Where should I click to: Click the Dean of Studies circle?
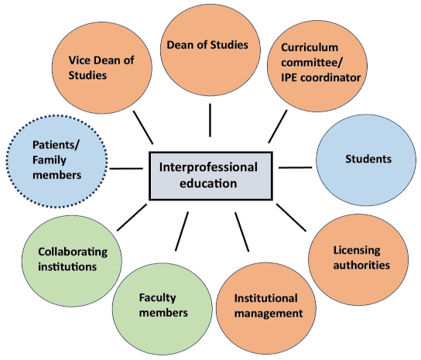click(210, 50)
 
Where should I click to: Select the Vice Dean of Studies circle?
click(102, 67)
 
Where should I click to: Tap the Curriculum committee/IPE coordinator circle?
click(317, 66)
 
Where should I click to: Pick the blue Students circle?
click(366, 160)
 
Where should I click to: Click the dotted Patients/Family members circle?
click(57, 161)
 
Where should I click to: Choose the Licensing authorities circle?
click(358, 260)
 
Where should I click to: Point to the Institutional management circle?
click(266, 308)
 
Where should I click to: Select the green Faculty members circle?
click(163, 309)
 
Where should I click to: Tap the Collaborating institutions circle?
click(72, 261)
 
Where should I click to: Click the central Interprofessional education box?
click(210, 176)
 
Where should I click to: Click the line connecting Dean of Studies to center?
click(210, 120)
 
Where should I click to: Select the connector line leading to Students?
click(296, 168)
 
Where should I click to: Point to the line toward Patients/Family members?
click(126, 169)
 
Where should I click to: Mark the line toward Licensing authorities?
click(291, 218)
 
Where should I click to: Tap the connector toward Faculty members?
click(182, 231)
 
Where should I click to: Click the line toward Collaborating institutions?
click(132, 218)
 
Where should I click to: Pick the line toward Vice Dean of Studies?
click(143, 127)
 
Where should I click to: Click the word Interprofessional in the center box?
click(208, 167)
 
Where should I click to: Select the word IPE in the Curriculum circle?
click(289, 78)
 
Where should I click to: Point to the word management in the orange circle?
click(269, 314)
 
